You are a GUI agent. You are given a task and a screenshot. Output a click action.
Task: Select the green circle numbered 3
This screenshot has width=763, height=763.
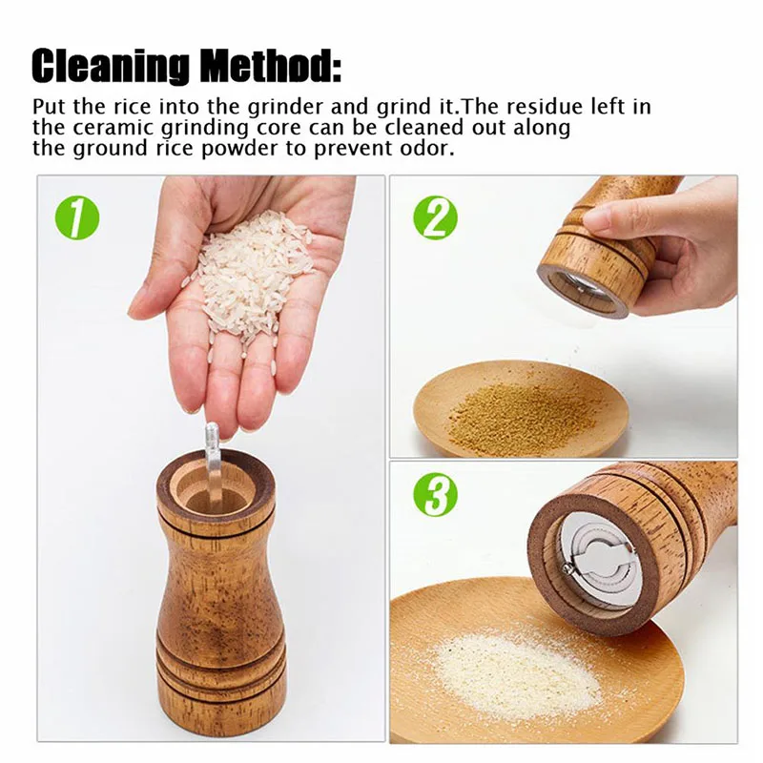click(435, 495)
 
